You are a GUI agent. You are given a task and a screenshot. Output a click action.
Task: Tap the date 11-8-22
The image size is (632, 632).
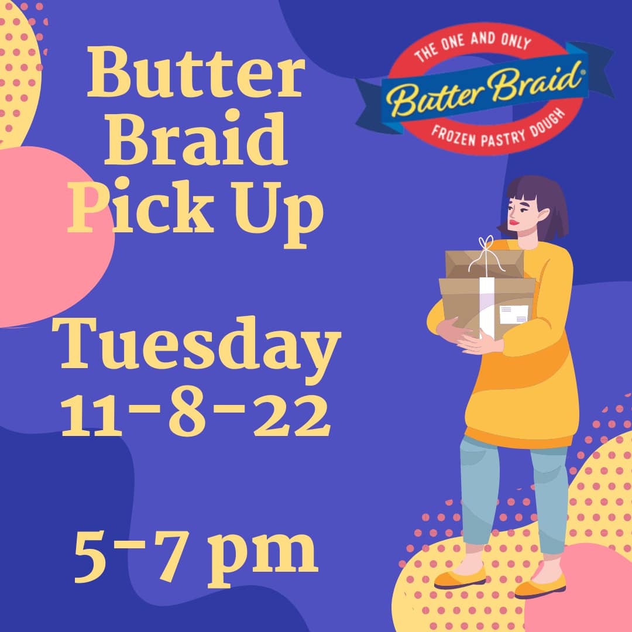195,414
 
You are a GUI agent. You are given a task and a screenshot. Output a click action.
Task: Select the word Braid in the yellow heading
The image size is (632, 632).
196,139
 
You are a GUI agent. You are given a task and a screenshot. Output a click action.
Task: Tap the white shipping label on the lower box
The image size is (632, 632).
514,314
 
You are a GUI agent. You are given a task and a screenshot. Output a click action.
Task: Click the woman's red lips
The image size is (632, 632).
513,221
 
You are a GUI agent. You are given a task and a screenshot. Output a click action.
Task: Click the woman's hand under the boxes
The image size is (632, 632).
480,344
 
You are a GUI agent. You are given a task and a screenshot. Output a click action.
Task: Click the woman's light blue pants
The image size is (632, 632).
513,496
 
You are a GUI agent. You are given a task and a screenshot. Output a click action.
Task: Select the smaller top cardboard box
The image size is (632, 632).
485,264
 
